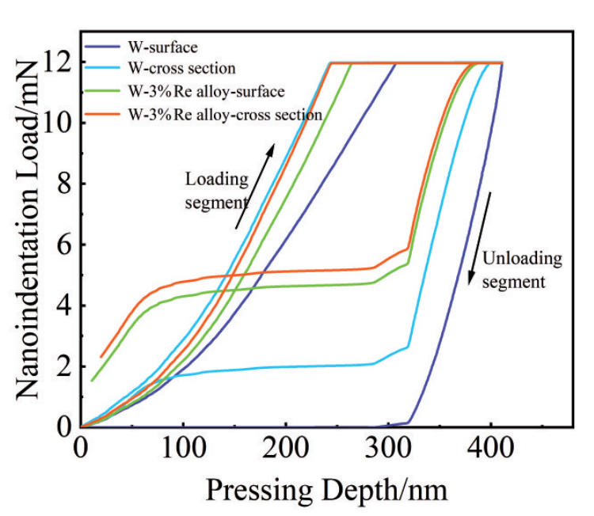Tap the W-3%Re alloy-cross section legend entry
(225, 114)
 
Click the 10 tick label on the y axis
(57, 123)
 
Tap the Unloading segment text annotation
(523, 270)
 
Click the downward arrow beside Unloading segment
(481, 238)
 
